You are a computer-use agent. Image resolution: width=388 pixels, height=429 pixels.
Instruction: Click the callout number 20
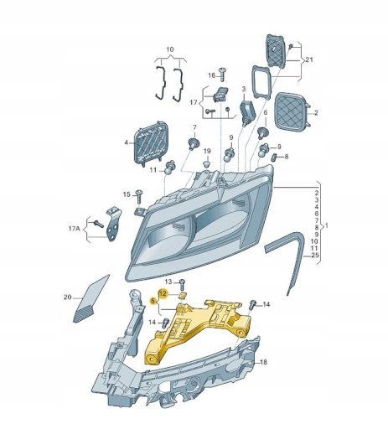(x=68, y=297)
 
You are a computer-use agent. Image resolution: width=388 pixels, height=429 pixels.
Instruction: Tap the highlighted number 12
(x=163, y=293)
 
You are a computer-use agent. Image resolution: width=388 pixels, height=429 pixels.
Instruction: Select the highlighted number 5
(x=153, y=301)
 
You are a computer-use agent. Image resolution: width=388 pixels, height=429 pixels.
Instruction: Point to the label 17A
(x=74, y=229)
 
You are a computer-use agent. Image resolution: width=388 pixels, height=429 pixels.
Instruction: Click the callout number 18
(x=263, y=362)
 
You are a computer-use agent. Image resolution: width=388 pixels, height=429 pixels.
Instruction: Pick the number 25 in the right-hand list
(x=315, y=255)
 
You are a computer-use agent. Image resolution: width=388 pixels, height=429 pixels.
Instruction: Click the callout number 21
(x=309, y=59)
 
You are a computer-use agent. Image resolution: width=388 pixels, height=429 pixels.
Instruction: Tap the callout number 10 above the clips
(x=170, y=49)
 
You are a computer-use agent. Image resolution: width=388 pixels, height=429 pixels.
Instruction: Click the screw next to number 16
(x=223, y=74)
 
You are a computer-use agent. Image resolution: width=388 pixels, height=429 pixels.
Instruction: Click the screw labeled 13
(x=182, y=284)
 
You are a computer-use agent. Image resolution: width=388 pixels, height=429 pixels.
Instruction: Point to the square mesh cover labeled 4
(x=151, y=143)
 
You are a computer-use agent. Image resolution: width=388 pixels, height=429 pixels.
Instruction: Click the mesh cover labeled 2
(x=292, y=111)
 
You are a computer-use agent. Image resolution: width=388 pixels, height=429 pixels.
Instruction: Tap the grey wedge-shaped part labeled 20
(x=91, y=299)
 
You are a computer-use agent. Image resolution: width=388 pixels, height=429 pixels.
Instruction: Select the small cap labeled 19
(x=207, y=163)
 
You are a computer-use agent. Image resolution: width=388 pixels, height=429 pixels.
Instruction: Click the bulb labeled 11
(x=170, y=168)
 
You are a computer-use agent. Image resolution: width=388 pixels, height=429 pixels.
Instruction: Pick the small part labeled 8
(x=274, y=158)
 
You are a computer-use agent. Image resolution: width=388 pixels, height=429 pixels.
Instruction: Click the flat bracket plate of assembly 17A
(x=114, y=224)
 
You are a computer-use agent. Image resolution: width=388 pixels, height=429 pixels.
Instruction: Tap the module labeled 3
(x=248, y=112)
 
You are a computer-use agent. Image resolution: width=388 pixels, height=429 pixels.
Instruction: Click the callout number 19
(x=207, y=151)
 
